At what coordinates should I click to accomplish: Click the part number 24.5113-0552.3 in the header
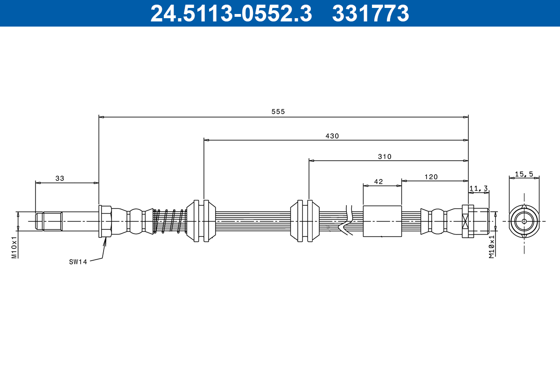coord(231,14)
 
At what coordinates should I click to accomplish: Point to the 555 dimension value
coord(278,112)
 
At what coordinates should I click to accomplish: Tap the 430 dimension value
coord(332,136)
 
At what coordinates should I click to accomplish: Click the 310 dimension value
coord(385,157)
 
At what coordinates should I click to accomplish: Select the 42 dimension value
coord(378,182)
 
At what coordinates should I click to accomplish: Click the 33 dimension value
coord(60,178)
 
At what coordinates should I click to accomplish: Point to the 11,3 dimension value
coord(478,188)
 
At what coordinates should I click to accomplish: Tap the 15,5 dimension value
coord(524,174)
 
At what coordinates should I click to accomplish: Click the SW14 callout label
coord(78,262)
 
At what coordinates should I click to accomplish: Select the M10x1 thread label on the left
coord(14,247)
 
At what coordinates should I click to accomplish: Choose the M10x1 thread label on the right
coord(491,247)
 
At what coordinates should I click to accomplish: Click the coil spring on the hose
coord(170,221)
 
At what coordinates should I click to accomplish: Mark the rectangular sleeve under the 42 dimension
coord(382,221)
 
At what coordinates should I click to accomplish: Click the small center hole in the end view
coord(524,221)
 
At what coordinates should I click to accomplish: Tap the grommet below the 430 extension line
coord(201,221)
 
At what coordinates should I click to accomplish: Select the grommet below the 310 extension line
coord(305,221)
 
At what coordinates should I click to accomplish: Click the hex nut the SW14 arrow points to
coord(105,221)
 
